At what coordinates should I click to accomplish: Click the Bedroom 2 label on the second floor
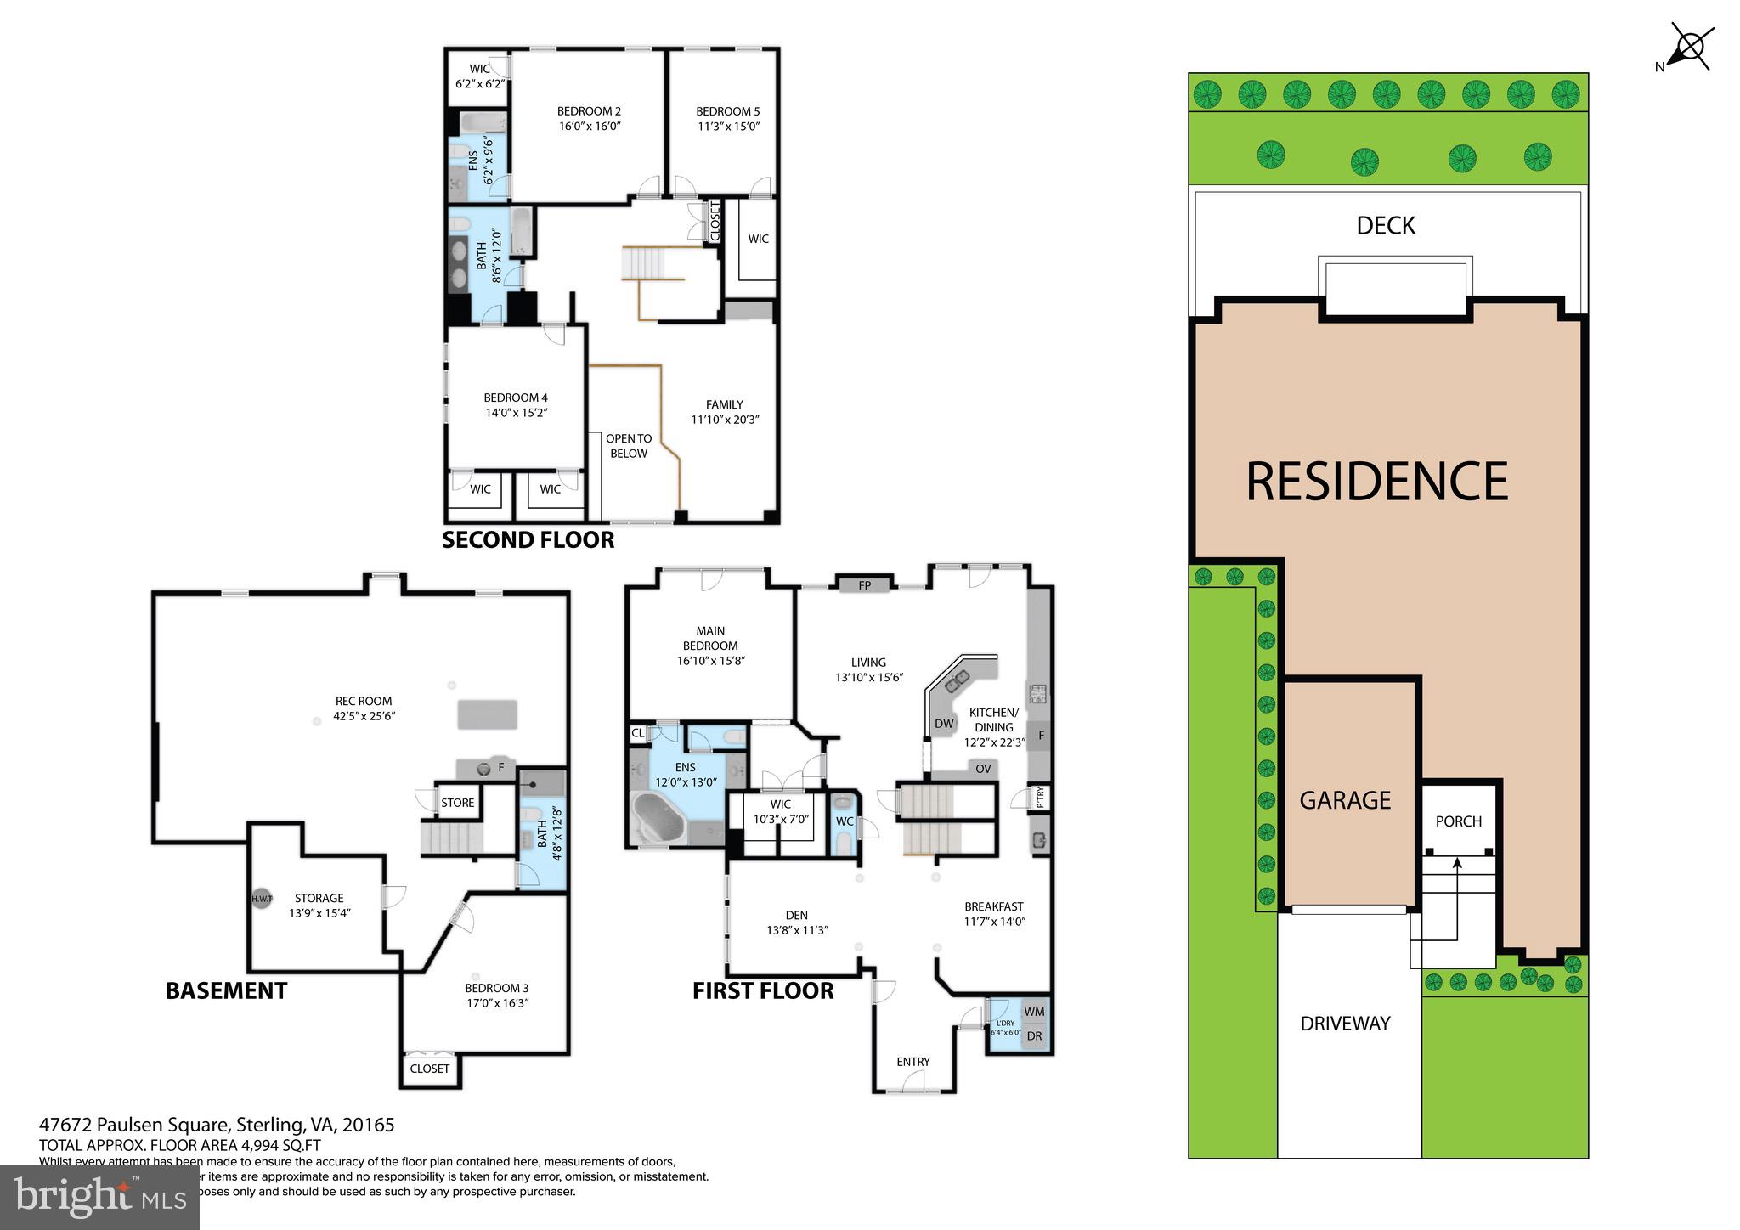589,111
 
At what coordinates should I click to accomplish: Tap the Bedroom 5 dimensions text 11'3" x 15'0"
728,127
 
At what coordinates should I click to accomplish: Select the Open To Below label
629,446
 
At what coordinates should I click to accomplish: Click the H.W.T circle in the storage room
262,898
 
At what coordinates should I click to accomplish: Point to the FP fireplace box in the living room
865,585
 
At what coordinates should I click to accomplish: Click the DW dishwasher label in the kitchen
944,724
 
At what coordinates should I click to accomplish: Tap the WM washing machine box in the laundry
1034,1012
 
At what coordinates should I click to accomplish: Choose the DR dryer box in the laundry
1034,1036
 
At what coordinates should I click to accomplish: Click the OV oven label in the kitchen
983,769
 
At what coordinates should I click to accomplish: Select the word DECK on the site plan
1386,226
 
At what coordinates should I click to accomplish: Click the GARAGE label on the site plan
1345,800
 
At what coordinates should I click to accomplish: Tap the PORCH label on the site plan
1458,821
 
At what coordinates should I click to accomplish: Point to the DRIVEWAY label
1345,1024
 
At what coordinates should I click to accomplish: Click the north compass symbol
1691,48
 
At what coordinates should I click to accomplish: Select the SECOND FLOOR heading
528,540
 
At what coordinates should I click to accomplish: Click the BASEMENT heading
226,990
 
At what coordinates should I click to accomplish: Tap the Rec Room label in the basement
364,701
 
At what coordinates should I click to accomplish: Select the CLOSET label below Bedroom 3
429,1069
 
